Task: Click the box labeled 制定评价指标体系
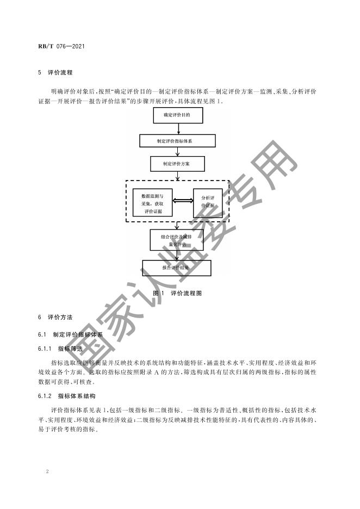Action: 178,141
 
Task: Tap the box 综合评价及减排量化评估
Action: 177,240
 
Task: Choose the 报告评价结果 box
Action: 176,268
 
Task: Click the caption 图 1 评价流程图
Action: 177,293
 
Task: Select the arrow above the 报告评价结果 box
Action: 177,256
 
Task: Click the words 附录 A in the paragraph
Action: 154,372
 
